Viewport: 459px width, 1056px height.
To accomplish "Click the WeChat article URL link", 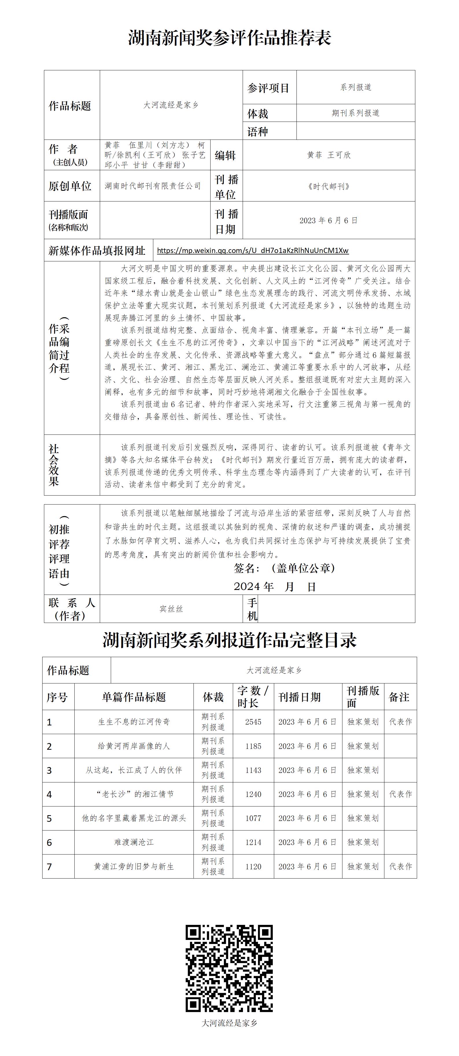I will click(252, 250).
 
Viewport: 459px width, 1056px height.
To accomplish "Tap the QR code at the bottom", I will click(229, 968).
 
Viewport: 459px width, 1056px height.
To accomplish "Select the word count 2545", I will click(253, 722).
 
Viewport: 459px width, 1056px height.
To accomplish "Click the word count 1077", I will click(253, 818).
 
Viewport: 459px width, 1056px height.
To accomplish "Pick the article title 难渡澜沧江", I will click(134, 842).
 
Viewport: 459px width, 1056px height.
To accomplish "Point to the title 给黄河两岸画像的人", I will click(134, 746).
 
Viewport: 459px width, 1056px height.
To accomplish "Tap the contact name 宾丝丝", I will click(171, 609).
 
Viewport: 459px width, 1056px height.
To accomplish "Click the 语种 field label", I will click(257, 132).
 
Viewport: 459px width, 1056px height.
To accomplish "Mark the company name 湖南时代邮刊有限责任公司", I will click(153, 186).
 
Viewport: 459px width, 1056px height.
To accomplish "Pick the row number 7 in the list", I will click(49, 867).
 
